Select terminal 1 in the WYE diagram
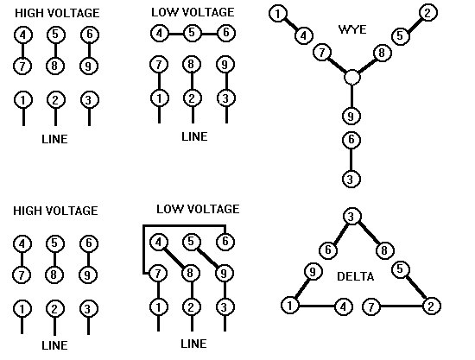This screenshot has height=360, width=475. [x=277, y=13]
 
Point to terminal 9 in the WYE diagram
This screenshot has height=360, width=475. [x=351, y=116]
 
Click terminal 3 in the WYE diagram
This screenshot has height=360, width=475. [x=351, y=179]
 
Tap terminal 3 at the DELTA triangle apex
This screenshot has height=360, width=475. [x=351, y=216]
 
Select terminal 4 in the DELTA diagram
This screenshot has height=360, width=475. [x=344, y=305]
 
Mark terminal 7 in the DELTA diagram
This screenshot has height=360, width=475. [x=371, y=305]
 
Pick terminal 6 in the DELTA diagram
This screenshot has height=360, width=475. [x=327, y=249]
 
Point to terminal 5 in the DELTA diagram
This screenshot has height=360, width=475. [x=400, y=268]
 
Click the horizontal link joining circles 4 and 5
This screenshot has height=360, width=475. [x=175, y=34]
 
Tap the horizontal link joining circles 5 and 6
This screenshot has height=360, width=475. [x=207, y=34]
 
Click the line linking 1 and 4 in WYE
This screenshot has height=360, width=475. [x=289, y=24]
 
